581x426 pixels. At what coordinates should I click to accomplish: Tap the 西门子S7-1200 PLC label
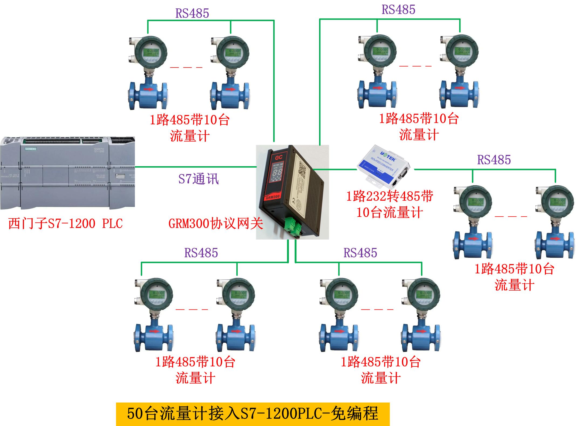(66, 223)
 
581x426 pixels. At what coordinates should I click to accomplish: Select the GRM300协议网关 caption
(216, 223)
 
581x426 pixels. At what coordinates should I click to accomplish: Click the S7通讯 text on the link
(198, 179)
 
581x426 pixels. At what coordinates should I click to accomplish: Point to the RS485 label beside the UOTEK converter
(494, 160)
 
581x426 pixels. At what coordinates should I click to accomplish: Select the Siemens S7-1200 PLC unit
(67, 173)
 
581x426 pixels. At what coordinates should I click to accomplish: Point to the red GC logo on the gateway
(278, 157)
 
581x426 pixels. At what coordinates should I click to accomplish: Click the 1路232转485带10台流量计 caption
(389, 204)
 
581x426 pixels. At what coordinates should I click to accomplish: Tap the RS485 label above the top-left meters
(192, 13)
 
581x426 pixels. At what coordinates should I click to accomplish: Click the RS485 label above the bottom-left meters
(201, 253)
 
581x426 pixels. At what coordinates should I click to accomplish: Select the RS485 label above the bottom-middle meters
(360, 253)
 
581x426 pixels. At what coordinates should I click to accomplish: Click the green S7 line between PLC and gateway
(196, 167)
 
